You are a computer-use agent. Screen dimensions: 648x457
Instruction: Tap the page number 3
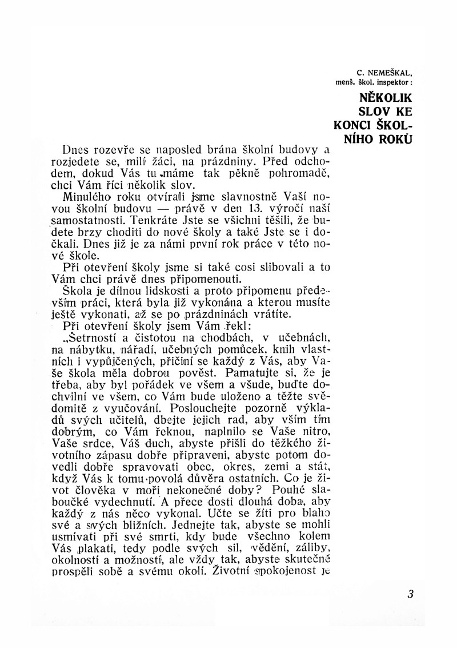pos(410,594)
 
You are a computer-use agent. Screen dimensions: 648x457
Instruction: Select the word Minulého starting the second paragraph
pos(92,196)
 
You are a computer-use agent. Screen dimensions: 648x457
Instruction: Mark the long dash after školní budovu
pos(190,209)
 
